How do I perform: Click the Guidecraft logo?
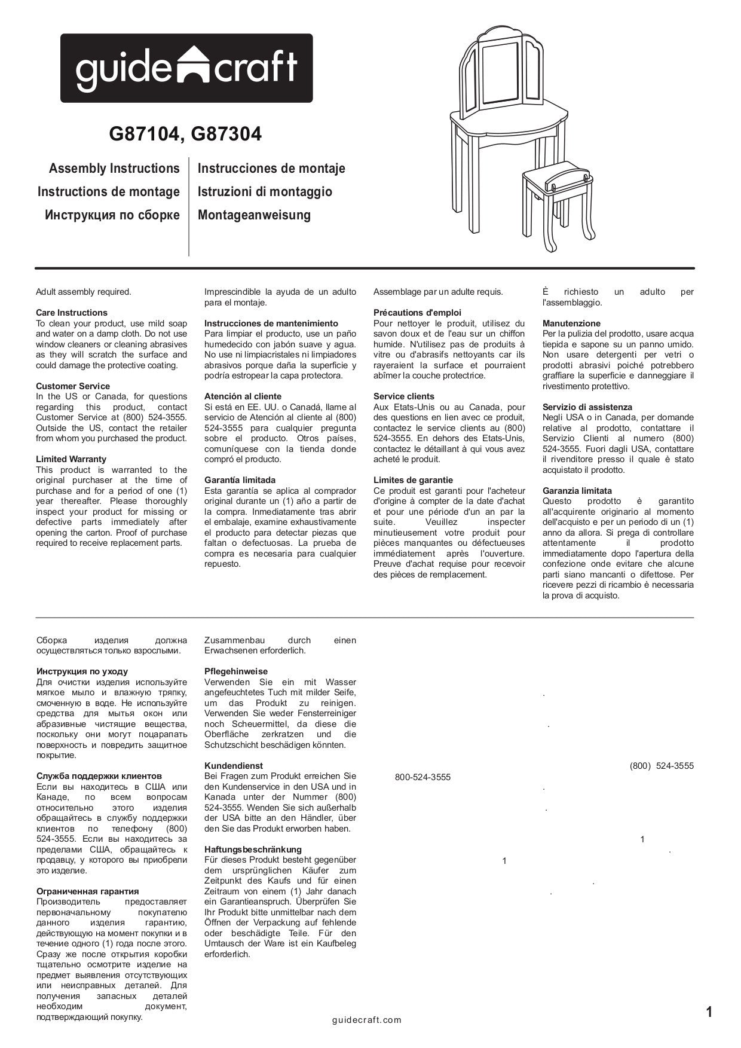click(186, 68)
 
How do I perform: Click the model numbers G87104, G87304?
click(185, 135)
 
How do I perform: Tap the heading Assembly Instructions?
click(114, 169)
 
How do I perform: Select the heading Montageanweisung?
click(254, 215)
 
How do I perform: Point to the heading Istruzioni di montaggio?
click(265, 192)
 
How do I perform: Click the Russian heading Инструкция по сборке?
click(112, 215)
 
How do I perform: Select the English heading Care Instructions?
click(72, 313)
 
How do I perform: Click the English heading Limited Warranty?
click(71, 459)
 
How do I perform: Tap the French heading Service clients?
click(404, 396)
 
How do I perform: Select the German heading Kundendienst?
click(234, 766)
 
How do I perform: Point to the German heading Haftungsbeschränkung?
click(253, 850)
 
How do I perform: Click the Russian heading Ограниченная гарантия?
click(88, 891)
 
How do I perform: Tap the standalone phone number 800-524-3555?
click(422, 778)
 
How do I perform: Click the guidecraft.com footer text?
click(367, 1020)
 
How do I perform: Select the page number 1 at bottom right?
click(709, 1012)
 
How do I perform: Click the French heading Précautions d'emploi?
click(417, 313)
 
